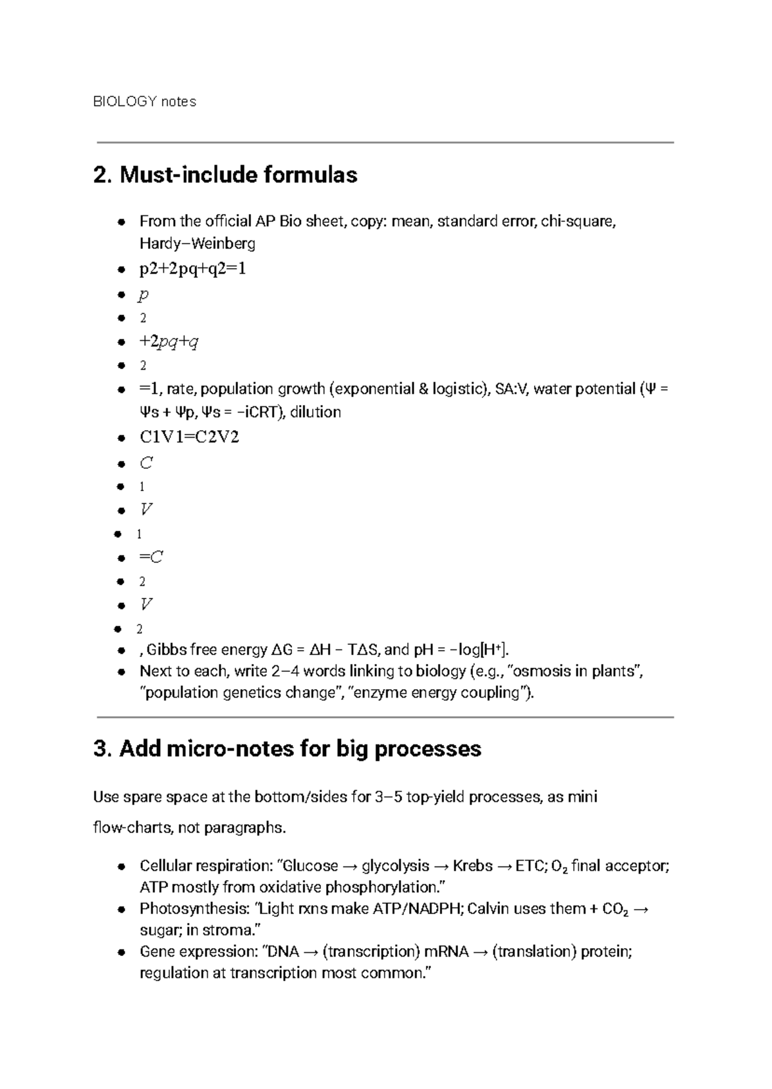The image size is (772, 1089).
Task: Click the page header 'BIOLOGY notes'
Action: pyautogui.click(x=145, y=102)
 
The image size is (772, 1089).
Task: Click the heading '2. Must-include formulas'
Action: pyautogui.click(x=225, y=175)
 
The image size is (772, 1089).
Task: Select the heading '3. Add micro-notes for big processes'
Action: pyautogui.click(x=287, y=749)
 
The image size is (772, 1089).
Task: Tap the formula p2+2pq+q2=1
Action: pyautogui.click(x=192, y=269)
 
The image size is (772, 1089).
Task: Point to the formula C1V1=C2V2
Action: pyautogui.click(x=189, y=438)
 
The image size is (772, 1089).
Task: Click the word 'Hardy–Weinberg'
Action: pyautogui.click(x=197, y=244)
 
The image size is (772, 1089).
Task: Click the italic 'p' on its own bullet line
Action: pyautogui.click(x=143, y=294)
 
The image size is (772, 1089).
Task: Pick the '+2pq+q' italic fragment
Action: pyautogui.click(x=169, y=341)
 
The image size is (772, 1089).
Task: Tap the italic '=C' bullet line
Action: pyautogui.click(x=151, y=557)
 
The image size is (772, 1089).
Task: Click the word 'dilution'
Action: pyautogui.click(x=315, y=412)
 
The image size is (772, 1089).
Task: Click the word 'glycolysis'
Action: pyautogui.click(x=396, y=866)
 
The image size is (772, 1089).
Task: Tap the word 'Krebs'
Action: pyautogui.click(x=473, y=866)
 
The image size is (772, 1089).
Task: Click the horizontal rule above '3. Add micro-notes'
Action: pyautogui.click(x=385, y=717)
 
